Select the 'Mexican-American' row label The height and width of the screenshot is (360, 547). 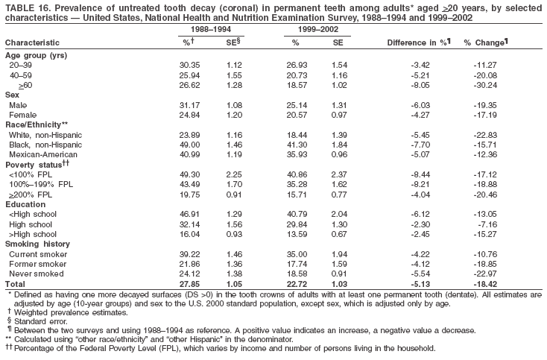[38, 154]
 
